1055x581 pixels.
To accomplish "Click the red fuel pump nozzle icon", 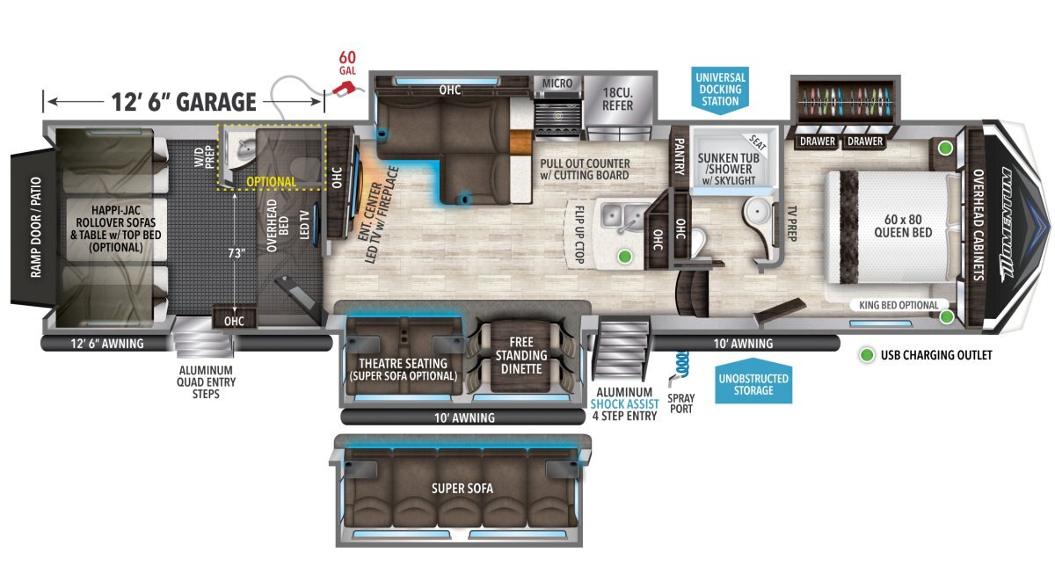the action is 346,88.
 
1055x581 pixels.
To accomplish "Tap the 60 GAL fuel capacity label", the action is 347,63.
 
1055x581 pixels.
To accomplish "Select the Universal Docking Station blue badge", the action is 720,90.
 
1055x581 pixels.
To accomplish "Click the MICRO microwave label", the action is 557,84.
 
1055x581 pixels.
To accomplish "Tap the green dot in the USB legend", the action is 867,355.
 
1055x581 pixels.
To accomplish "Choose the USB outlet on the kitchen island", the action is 625,257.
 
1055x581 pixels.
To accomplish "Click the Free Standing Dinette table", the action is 520,355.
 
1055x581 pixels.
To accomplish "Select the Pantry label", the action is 679,156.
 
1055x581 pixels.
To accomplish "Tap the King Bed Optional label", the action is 899,305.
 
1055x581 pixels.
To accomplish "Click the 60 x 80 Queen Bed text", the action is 903,226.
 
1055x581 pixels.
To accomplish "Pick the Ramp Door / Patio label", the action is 36,228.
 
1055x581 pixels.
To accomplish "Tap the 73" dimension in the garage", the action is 236,253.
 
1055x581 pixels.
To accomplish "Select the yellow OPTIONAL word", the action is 272,182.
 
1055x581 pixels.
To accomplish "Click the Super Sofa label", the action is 462,489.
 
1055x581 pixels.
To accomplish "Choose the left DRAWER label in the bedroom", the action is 817,141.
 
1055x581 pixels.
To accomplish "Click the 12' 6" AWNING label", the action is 107,344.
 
